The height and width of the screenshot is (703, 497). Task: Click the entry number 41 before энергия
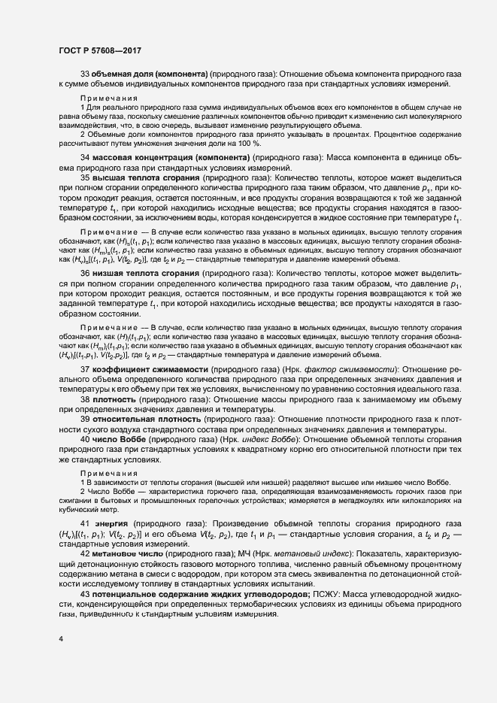click(x=86, y=523)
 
